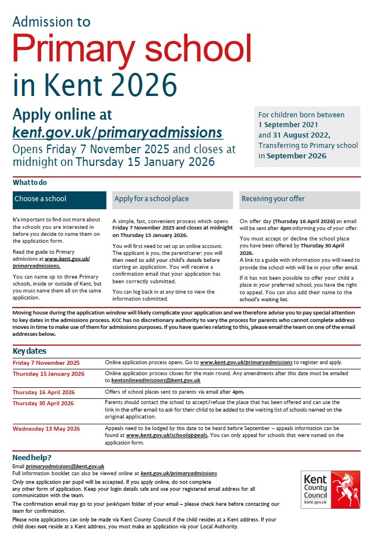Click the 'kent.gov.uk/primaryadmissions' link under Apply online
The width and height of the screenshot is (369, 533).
[117, 132]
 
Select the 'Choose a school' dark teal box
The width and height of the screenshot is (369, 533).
[60, 199]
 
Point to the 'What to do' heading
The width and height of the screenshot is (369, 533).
[30, 183]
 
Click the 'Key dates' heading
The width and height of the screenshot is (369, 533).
[29, 351]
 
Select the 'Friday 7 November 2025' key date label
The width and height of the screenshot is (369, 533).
[46, 362]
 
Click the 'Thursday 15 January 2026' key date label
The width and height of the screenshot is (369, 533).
[49, 374]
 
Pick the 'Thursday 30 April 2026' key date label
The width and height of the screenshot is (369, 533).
[43, 404]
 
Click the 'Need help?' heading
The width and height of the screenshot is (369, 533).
[32, 457]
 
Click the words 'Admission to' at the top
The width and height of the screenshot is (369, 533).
[51, 21]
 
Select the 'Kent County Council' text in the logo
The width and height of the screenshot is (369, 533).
[315, 488]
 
